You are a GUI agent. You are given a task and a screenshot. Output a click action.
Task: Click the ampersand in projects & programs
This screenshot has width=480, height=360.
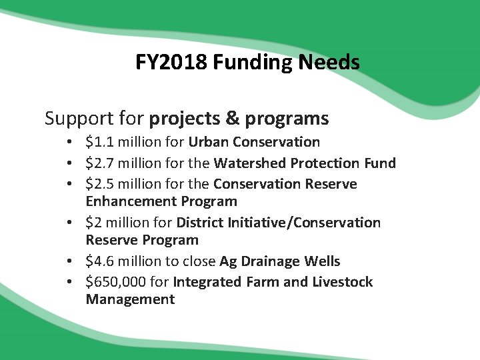point(232,119)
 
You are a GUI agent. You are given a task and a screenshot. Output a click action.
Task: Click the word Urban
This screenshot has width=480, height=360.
point(208,142)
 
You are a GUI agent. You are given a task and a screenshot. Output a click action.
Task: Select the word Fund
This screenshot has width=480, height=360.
point(380,163)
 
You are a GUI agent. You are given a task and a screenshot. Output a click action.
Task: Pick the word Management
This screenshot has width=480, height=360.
point(130,299)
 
